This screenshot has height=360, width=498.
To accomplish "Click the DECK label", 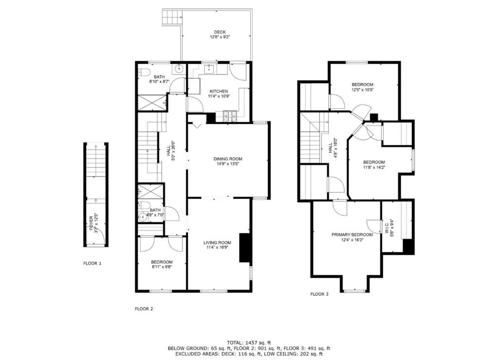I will click(219, 32).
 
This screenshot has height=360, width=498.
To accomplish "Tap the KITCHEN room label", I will click(218, 91).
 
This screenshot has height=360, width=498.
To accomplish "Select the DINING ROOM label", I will click(228, 159).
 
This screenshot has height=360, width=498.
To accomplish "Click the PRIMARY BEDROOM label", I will click(352, 234).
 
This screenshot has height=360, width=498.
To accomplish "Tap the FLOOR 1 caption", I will click(92, 263).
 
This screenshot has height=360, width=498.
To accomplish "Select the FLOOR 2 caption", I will click(144, 308).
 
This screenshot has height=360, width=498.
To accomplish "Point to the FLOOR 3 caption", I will click(320, 294).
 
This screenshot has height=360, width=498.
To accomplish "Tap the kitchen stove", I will click(229, 116).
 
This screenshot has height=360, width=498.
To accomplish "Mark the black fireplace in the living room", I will click(246, 248).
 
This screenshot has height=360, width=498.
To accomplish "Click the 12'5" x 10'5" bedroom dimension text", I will click(362, 90).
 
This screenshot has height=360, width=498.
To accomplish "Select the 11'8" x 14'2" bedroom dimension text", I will click(374, 167).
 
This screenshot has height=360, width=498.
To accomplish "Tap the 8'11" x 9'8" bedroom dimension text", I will click(161, 267).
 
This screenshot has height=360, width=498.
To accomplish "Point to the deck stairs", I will click(171, 18).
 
